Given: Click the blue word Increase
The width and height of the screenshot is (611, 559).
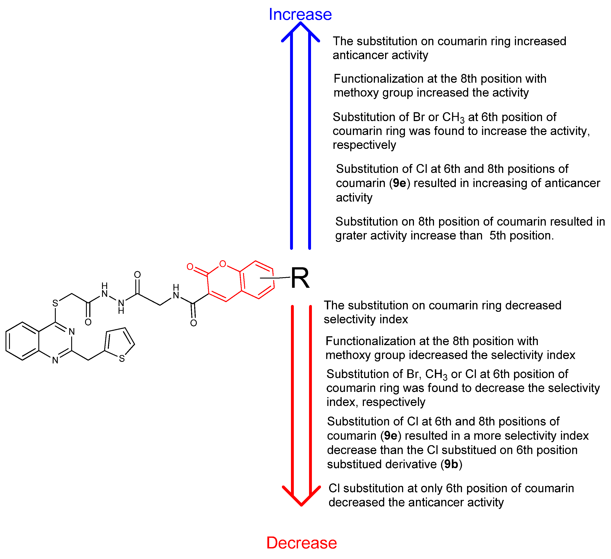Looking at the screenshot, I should pos(300,15).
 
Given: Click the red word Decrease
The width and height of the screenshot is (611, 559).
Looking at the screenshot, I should pos(301,543).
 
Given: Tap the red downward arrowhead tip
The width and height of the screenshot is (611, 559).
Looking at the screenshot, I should pos(301,505).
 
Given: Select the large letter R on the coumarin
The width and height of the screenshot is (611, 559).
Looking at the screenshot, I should pos(300,278).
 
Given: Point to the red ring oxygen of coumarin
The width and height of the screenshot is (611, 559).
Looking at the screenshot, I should pos(223,264).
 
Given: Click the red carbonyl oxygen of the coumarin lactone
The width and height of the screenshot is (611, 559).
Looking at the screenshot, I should pos(190,267).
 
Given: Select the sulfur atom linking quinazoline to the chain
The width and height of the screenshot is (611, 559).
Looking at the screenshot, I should pos(55,303).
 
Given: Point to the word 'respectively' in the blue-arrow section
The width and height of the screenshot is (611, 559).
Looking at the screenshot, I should pos(364,145).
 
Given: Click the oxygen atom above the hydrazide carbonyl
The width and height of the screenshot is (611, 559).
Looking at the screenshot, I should pos(137,275).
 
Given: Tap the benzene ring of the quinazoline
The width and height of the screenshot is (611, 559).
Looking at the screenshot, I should pos(22,341).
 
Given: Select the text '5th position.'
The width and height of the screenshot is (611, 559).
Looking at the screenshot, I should pos(522,236).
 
